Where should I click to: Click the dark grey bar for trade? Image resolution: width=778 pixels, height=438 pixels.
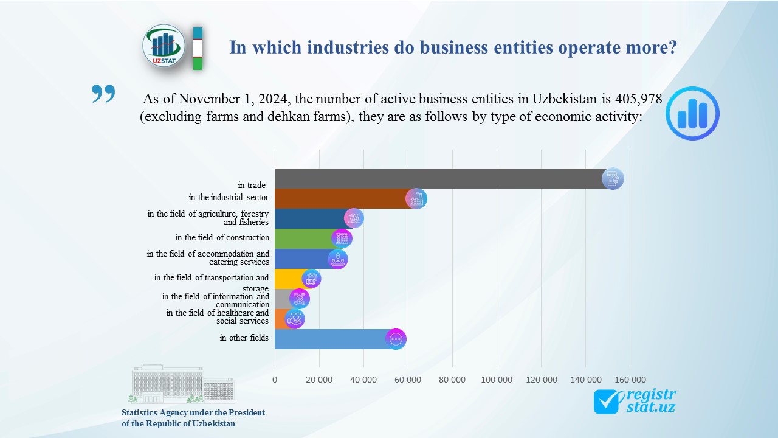(x=438, y=179)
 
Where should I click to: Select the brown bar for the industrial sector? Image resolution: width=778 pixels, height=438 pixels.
(x=340, y=199)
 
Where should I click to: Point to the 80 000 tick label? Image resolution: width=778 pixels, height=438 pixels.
(x=452, y=380)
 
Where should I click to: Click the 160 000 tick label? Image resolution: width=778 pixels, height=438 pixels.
(x=630, y=380)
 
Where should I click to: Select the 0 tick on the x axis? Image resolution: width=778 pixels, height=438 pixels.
(x=275, y=380)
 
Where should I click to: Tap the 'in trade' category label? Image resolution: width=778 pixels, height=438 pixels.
(x=253, y=185)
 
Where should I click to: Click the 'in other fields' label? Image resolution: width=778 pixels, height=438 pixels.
(x=244, y=338)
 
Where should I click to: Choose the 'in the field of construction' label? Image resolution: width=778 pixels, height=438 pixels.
(x=222, y=237)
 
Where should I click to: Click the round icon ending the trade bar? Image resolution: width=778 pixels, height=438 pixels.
(x=613, y=179)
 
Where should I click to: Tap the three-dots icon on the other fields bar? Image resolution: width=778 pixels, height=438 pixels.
(x=396, y=339)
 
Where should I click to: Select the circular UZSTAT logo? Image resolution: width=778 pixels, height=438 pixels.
(x=164, y=46)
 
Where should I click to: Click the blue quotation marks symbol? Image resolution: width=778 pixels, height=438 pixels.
(x=103, y=94)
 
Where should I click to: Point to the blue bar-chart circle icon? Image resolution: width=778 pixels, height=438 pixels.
(x=692, y=114)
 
